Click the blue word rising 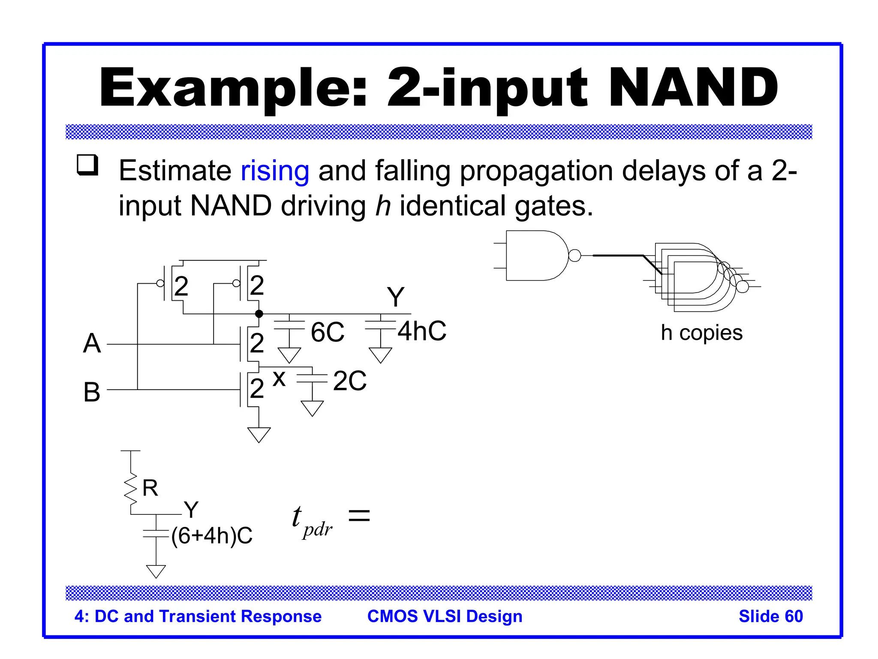click(x=275, y=171)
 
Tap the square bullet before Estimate click(x=87, y=165)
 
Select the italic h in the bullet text click(x=383, y=206)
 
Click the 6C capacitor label click(x=328, y=332)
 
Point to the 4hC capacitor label click(x=422, y=331)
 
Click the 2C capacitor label click(x=350, y=381)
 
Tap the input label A click(x=92, y=344)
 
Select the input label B click(x=92, y=392)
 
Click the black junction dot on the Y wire click(x=259, y=314)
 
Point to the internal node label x click(x=279, y=378)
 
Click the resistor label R click(x=150, y=488)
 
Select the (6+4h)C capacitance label click(x=212, y=536)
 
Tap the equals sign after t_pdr click(x=359, y=515)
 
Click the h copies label click(x=701, y=333)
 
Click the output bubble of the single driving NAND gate click(x=574, y=256)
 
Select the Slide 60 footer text click(x=770, y=616)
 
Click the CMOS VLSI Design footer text click(x=445, y=616)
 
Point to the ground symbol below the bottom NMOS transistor click(x=259, y=434)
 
